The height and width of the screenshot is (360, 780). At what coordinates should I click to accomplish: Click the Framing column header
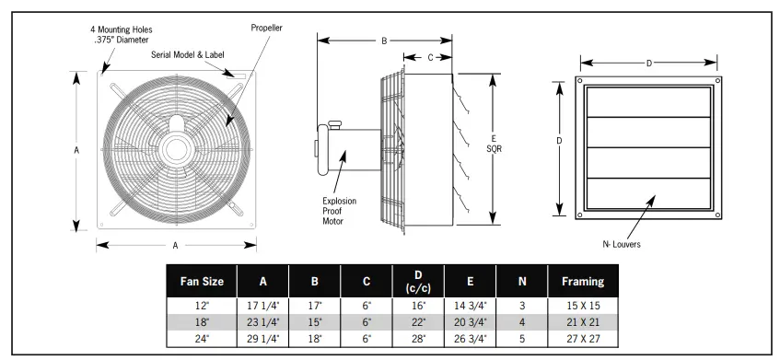click(x=583, y=282)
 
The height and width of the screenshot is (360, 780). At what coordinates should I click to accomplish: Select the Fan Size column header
click(x=202, y=282)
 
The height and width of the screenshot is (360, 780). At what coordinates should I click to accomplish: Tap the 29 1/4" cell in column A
click(x=263, y=339)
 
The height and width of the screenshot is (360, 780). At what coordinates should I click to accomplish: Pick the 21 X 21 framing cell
click(x=583, y=322)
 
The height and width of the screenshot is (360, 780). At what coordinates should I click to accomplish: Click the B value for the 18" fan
click(x=315, y=322)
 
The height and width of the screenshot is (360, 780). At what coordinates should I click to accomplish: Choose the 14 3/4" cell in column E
click(x=470, y=306)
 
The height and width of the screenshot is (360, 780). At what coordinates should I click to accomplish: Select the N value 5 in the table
click(x=522, y=339)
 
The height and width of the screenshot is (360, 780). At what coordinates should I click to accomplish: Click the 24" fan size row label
click(x=202, y=339)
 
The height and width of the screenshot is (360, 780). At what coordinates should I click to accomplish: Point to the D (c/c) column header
click(x=418, y=282)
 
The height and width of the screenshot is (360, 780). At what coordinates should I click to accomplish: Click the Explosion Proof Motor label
click(x=339, y=212)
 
